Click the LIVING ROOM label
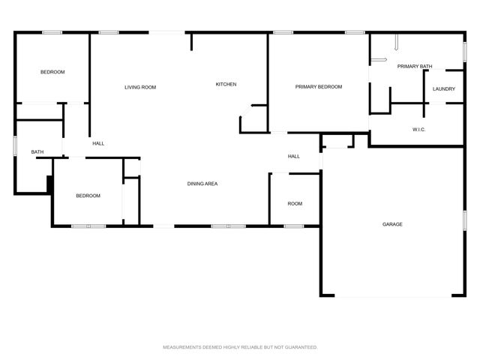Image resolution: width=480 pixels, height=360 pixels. coord(140,88)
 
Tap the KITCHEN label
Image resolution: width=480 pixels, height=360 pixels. coord(226,84)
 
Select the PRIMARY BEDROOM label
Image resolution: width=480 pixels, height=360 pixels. coord(318,87)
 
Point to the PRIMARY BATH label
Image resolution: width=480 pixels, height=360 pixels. coord(414,67)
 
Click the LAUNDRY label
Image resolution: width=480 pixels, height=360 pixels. coord(444,89)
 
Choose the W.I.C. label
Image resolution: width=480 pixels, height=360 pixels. coord(419,130)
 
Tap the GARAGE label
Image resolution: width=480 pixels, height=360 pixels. coord(392,224)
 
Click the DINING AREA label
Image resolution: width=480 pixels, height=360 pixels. coord(202,184)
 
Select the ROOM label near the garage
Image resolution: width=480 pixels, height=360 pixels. coord(295,204)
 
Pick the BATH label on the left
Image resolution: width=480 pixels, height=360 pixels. coord(37,152)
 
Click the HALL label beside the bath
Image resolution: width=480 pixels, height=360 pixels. coord(98,143)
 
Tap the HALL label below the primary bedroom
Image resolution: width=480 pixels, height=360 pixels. coord(294,157)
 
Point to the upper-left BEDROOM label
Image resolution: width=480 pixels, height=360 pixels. coord(52,72)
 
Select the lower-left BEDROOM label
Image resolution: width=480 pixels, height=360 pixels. coord(88,196)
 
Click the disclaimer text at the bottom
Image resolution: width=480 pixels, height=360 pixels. coord(240,347)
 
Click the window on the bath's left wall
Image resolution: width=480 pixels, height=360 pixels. coord(15,146)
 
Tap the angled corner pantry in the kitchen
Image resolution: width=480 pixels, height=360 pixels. coord(250,118)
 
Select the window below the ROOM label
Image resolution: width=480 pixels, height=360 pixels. coord(293,226)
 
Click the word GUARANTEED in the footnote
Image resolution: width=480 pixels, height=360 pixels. coord(301,347)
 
